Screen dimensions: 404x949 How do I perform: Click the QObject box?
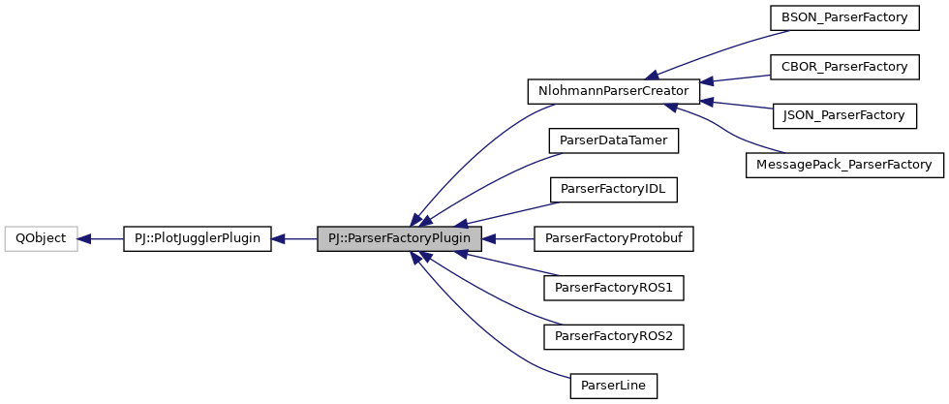click(x=41, y=237)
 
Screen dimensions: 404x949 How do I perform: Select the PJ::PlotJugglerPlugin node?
click(x=198, y=237)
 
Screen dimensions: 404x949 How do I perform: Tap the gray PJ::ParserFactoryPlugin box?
click(x=398, y=237)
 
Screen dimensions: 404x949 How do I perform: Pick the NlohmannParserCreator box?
click(x=612, y=92)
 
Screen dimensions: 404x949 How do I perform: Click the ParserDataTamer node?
click(x=613, y=140)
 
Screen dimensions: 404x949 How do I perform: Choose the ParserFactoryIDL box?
click(x=613, y=189)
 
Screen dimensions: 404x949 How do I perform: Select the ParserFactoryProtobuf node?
click(x=614, y=237)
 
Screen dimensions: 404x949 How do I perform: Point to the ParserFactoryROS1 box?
click(x=614, y=287)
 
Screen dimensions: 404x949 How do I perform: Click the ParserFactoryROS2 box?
click(x=614, y=336)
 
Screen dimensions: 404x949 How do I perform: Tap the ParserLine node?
click(x=614, y=385)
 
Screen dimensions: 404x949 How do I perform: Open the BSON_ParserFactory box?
click(x=843, y=17)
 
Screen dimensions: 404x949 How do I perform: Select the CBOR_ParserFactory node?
click(x=843, y=67)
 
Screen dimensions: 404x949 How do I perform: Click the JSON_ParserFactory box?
click(x=843, y=115)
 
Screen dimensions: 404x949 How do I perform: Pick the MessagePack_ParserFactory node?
click(x=843, y=165)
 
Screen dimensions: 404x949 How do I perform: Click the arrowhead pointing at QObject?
click(x=84, y=237)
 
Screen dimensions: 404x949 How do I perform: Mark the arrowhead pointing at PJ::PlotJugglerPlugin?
click(x=280, y=237)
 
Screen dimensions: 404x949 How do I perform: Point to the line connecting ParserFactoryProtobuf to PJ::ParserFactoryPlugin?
click(x=513, y=237)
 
